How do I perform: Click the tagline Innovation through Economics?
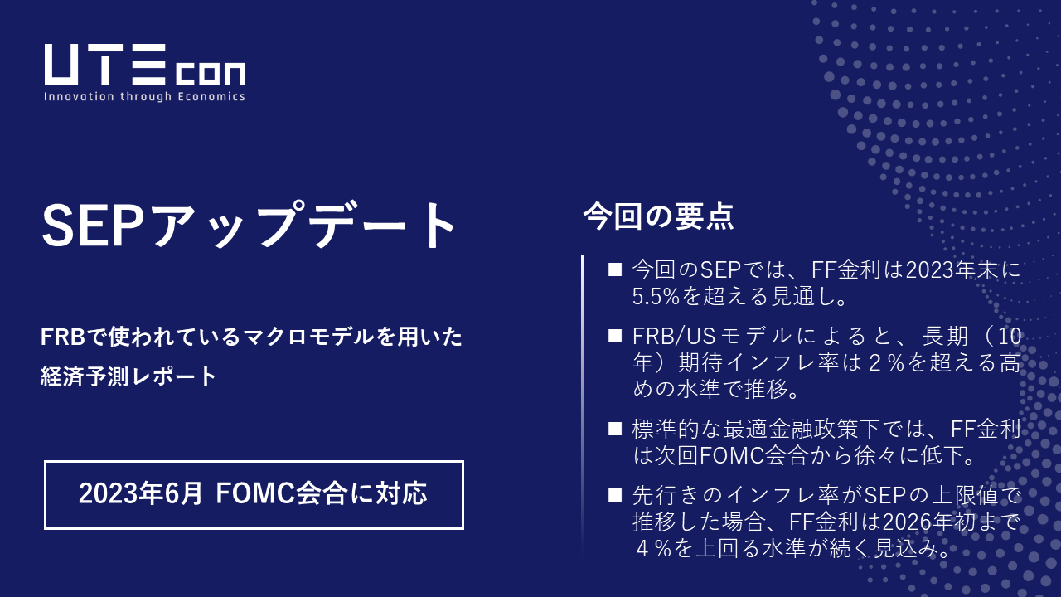point(144,96)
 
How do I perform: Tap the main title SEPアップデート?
point(249,226)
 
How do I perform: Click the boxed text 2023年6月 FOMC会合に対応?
point(253,494)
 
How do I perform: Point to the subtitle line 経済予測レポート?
point(128,376)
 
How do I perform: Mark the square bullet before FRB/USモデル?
point(614,336)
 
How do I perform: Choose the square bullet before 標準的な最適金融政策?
point(614,429)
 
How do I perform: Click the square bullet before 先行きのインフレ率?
point(614,495)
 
